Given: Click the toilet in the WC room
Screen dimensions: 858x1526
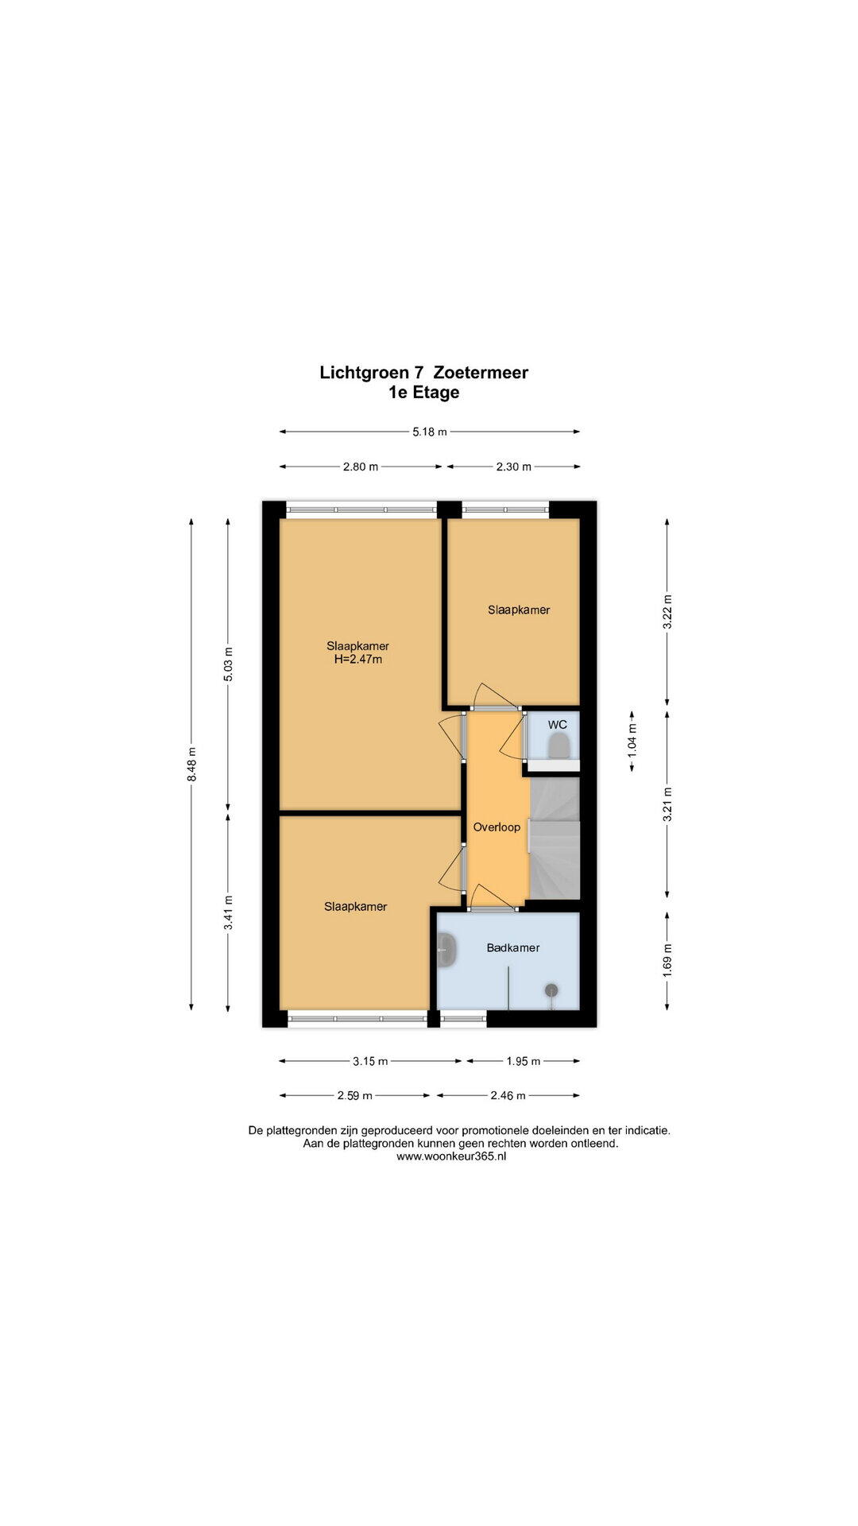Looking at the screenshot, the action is pyautogui.click(x=559, y=746).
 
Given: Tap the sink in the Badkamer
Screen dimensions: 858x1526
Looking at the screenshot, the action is pyautogui.click(x=446, y=951).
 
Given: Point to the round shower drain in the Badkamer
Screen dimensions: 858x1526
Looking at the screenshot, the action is pyautogui.click(x=551, y=990).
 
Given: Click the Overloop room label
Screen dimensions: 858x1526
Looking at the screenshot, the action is pyautogui.click(x=497, y=827).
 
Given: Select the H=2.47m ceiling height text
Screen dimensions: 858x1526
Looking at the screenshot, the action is pyautogui.click(x=357, y=659).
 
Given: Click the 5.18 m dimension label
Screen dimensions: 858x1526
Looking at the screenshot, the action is pyautogui.click(x=429, y=432).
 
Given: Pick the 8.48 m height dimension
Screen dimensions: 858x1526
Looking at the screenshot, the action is pyautogui.click(x=191, y=765).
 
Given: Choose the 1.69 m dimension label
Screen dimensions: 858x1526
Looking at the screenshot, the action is pyautogui.click(x=667, y=959).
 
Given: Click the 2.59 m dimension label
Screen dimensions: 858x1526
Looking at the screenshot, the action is pyautogui.click(x=354, y=1095).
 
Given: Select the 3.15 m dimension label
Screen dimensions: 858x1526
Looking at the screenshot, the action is pyautogui.click(x=370, y=1060).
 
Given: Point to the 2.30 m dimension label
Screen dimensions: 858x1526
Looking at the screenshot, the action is pyautogui.click(x=513, y=467).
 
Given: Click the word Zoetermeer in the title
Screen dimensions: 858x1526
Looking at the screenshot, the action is pyautogui.click(x=481, y=372).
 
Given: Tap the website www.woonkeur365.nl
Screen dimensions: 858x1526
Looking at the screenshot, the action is pyautogui.click(x=451, y=1157).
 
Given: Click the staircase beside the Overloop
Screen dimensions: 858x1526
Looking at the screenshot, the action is pyautogui.click(x=554, y=839).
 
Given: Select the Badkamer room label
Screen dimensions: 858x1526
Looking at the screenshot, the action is pyautogui.click(x=513, y=947).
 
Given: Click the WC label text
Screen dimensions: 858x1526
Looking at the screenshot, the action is pyautogui.click(x=558, y=725).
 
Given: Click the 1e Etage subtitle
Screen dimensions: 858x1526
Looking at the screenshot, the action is pyautogui.click(x=423, y=392).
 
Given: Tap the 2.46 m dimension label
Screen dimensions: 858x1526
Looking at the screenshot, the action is pyautogui.click(x=508, y=1095).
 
